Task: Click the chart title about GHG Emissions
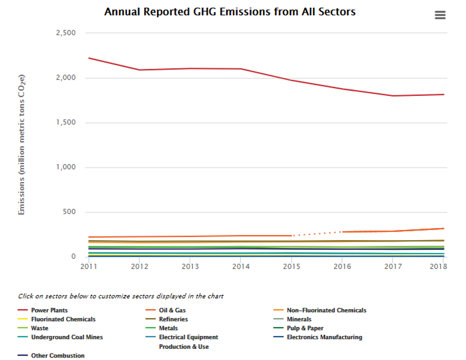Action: [230, 12]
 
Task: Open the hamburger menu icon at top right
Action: [440, 15]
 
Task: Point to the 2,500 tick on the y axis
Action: [66, 33]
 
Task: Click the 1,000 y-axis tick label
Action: [66, 167]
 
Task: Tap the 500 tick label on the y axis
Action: [69, 212]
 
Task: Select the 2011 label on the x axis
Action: [88, 266]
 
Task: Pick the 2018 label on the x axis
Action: [438, 266]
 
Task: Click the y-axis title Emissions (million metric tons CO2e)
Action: [22, 144]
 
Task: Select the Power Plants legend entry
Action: [49, 310]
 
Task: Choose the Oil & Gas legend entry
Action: [172, 310]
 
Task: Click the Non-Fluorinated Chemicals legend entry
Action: [326, 310]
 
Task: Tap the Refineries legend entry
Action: [173, 319]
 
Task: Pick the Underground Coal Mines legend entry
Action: [67, 337]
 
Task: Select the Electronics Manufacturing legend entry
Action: [324, 337]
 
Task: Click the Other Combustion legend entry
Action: [58, 356]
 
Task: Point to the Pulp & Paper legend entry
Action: [305, 328]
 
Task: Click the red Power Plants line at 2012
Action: [139, 70]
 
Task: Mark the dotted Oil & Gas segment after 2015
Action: [317, 233]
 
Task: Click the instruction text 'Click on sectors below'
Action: [120, 296]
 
